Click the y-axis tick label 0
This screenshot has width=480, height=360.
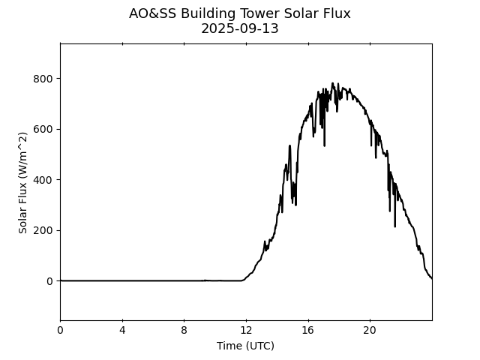click(x=49, y=281)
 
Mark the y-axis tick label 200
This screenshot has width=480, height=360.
click(x=43, y=230)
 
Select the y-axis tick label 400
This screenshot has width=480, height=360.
click(x=43, y=180)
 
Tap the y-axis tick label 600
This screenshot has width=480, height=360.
click(x=43, y=129)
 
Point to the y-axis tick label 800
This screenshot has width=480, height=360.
click(x=43, y=79)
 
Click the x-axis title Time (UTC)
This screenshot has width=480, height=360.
click(x=245, y=346)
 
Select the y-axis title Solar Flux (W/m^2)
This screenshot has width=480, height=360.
click(x=23, y=182)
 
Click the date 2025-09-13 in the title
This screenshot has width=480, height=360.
click(x=240, y=29)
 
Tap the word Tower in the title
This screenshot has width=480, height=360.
click(x=259, y=13)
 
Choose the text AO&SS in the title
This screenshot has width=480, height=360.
click(x=149, y=13)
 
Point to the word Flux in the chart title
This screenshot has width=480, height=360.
click(x=335, y=13)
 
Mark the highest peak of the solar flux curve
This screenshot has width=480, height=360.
click(x=332, y=83)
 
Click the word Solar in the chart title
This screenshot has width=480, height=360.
click(x=300, y=13)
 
